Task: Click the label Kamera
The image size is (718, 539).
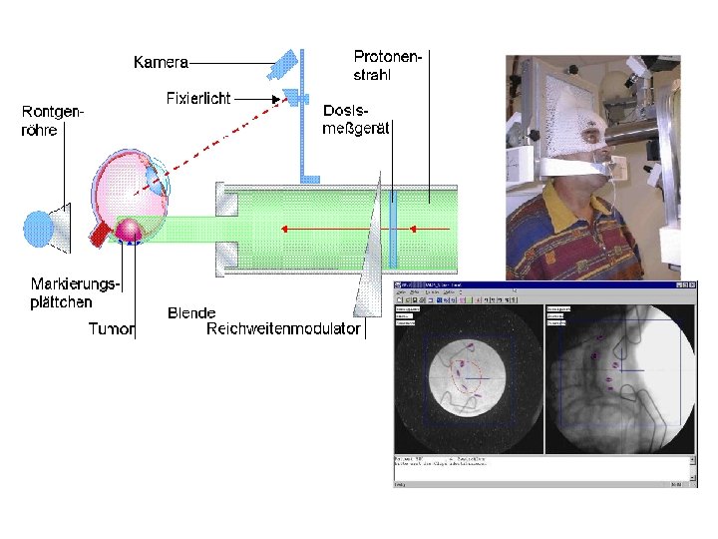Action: pos(162,62)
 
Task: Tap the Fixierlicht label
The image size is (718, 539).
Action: pos(197,98)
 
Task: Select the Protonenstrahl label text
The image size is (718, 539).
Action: pos(388,64)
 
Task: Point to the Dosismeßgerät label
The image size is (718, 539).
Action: pos(356,117)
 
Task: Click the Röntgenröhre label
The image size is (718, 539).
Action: pos(52,122)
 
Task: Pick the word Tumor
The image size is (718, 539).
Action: pos(111,328)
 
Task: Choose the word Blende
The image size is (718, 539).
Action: pos(191,313)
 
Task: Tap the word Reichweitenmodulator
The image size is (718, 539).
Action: pos(282,328)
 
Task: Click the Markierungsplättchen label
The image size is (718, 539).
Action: pos(75,292)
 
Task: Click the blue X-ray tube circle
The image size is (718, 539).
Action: pos(38,227)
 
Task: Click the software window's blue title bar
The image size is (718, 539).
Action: pos(544,287)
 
